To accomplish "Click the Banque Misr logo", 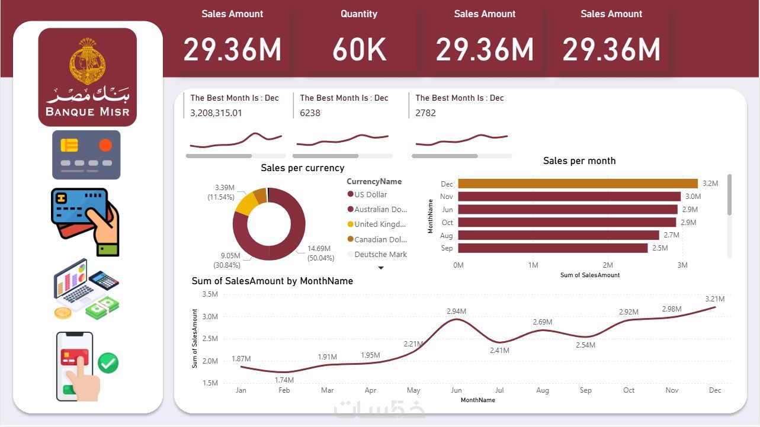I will pos(88,77).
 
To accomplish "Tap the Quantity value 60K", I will pos(360,50).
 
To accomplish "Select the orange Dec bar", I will pos(578,184).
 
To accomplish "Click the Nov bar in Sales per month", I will pos(569,197).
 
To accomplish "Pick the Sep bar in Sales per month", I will pos(553,248).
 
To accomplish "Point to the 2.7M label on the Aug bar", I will pos(672,235).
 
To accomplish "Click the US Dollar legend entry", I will pos(370,194).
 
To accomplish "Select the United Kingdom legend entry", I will pos(380,224).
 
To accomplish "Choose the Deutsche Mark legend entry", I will pos(380,254).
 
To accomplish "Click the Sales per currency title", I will pos(302,168).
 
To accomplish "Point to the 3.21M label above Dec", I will pos(715,299).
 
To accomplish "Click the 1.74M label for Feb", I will pos(284,380).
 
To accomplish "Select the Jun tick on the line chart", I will pos(457,390).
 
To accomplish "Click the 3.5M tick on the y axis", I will pos(210,294).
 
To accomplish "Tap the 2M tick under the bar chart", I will pos(608,265).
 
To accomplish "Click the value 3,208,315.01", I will pos(216,113).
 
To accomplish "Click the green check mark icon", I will pos(108,362).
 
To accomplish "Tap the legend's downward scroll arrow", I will pos(381,268).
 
